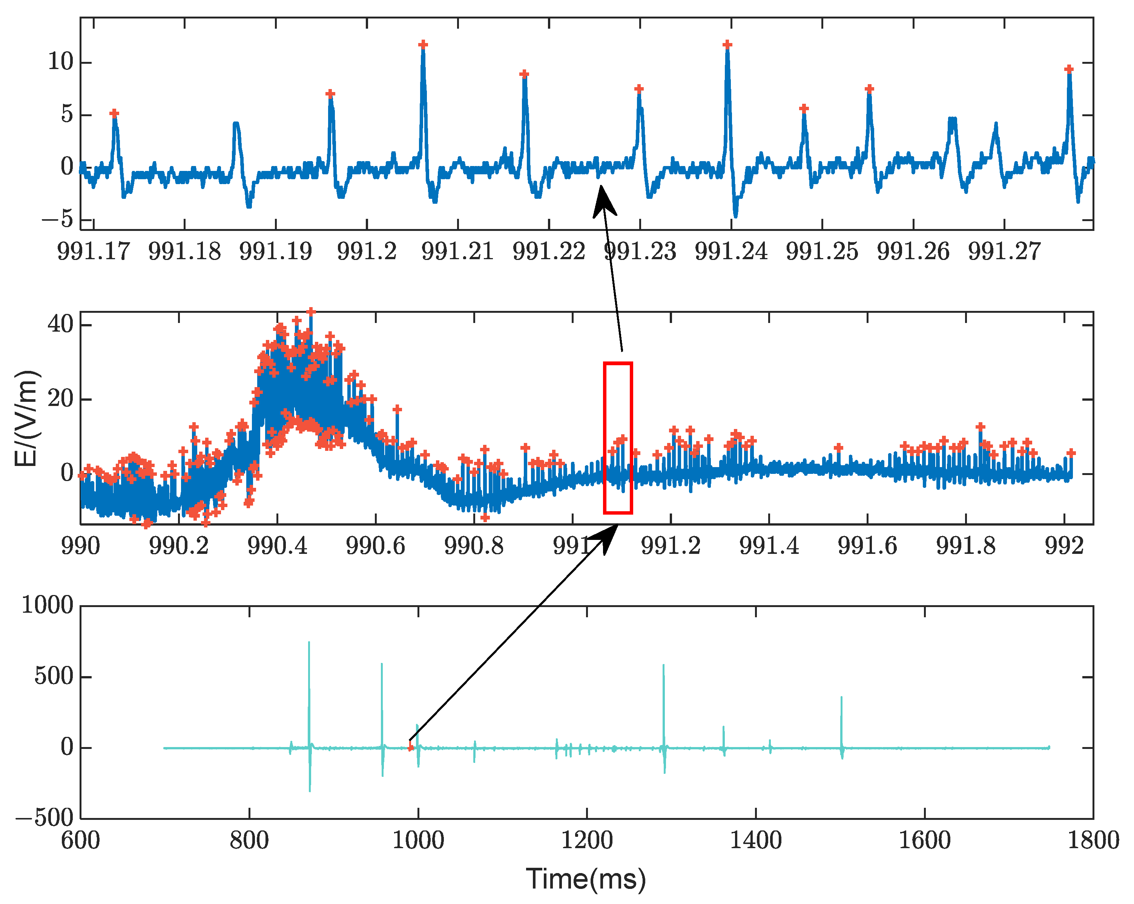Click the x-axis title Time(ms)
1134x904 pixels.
(586, 879)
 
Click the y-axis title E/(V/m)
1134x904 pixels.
(26, 418)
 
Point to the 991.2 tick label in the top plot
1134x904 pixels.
(367, 252)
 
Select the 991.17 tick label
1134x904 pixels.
(93, 252)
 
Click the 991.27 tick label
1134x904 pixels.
(1004, 252)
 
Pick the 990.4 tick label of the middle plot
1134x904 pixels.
(277, 546)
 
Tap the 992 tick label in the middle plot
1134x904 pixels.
(1064, 546)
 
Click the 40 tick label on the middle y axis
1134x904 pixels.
(60, 324)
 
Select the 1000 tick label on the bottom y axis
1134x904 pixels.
(48, 606)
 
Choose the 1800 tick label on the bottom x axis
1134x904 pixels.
(1093, 840)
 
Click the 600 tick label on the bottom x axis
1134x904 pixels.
(80, 840)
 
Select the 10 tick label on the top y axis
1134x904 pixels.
(60, 62)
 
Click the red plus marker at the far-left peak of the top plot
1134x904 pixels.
(114, 114)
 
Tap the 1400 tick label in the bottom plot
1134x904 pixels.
(756, 840)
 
